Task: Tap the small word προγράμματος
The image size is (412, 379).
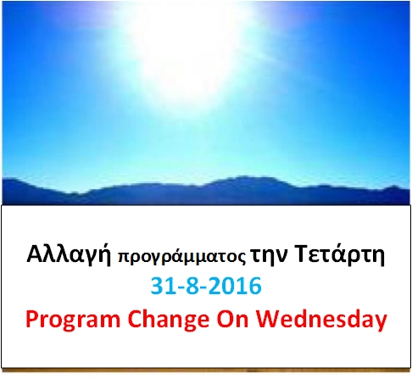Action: click(x=181, y=257)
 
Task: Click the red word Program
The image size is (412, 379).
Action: click(x=73, y=320)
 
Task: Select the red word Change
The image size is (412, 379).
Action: click(x=169, y=320)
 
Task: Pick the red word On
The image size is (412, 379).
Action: click(x=232, y=318)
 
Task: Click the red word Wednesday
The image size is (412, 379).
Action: click(x=321, y=320)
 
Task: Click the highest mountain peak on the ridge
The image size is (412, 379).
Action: click(x=243, y=177)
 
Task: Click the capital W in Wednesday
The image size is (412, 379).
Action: click(x=269, y=318)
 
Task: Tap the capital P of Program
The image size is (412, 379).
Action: click(x=32, y=318)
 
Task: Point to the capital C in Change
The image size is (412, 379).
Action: click(x=135, y=318)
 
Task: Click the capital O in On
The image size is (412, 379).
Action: click(x=225, y=318)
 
